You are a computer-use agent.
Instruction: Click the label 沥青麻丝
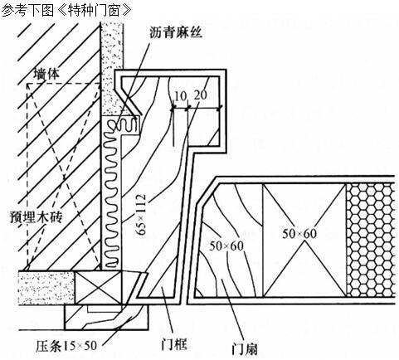[176, 32]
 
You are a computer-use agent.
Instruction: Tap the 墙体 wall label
[46, 74]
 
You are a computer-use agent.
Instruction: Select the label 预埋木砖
[36, 216]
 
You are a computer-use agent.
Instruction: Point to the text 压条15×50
[66, 345]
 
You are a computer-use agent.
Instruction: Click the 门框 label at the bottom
[174, 344]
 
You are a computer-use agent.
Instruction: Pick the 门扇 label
[245, 349]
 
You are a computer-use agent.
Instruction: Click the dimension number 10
[181, 96]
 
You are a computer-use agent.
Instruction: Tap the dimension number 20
[200, 95]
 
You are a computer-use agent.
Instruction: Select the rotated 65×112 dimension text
[141, 215]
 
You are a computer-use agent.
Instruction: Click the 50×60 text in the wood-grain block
[226, 246]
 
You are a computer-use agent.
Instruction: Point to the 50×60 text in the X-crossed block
[299, 234]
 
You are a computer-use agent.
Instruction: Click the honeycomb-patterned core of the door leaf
[370, 240]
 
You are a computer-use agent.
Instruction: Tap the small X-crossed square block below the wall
[98, 288]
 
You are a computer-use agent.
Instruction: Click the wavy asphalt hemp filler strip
[111, 193]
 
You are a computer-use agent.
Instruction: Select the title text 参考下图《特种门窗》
[66, 11]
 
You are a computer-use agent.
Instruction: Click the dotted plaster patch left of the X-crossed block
[46, 288]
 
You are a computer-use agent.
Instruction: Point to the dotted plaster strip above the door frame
[111, 69]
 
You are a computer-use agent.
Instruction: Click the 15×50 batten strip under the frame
[106, 317]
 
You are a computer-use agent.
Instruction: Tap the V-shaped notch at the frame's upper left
[129, 100]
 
